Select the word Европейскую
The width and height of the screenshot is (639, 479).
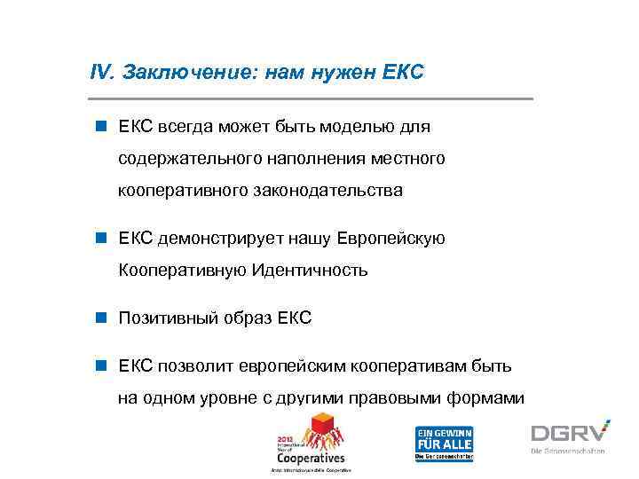point(393,239)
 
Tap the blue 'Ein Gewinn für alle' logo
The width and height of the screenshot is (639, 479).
point(444,443)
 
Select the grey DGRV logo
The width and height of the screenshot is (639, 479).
point(570,433)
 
